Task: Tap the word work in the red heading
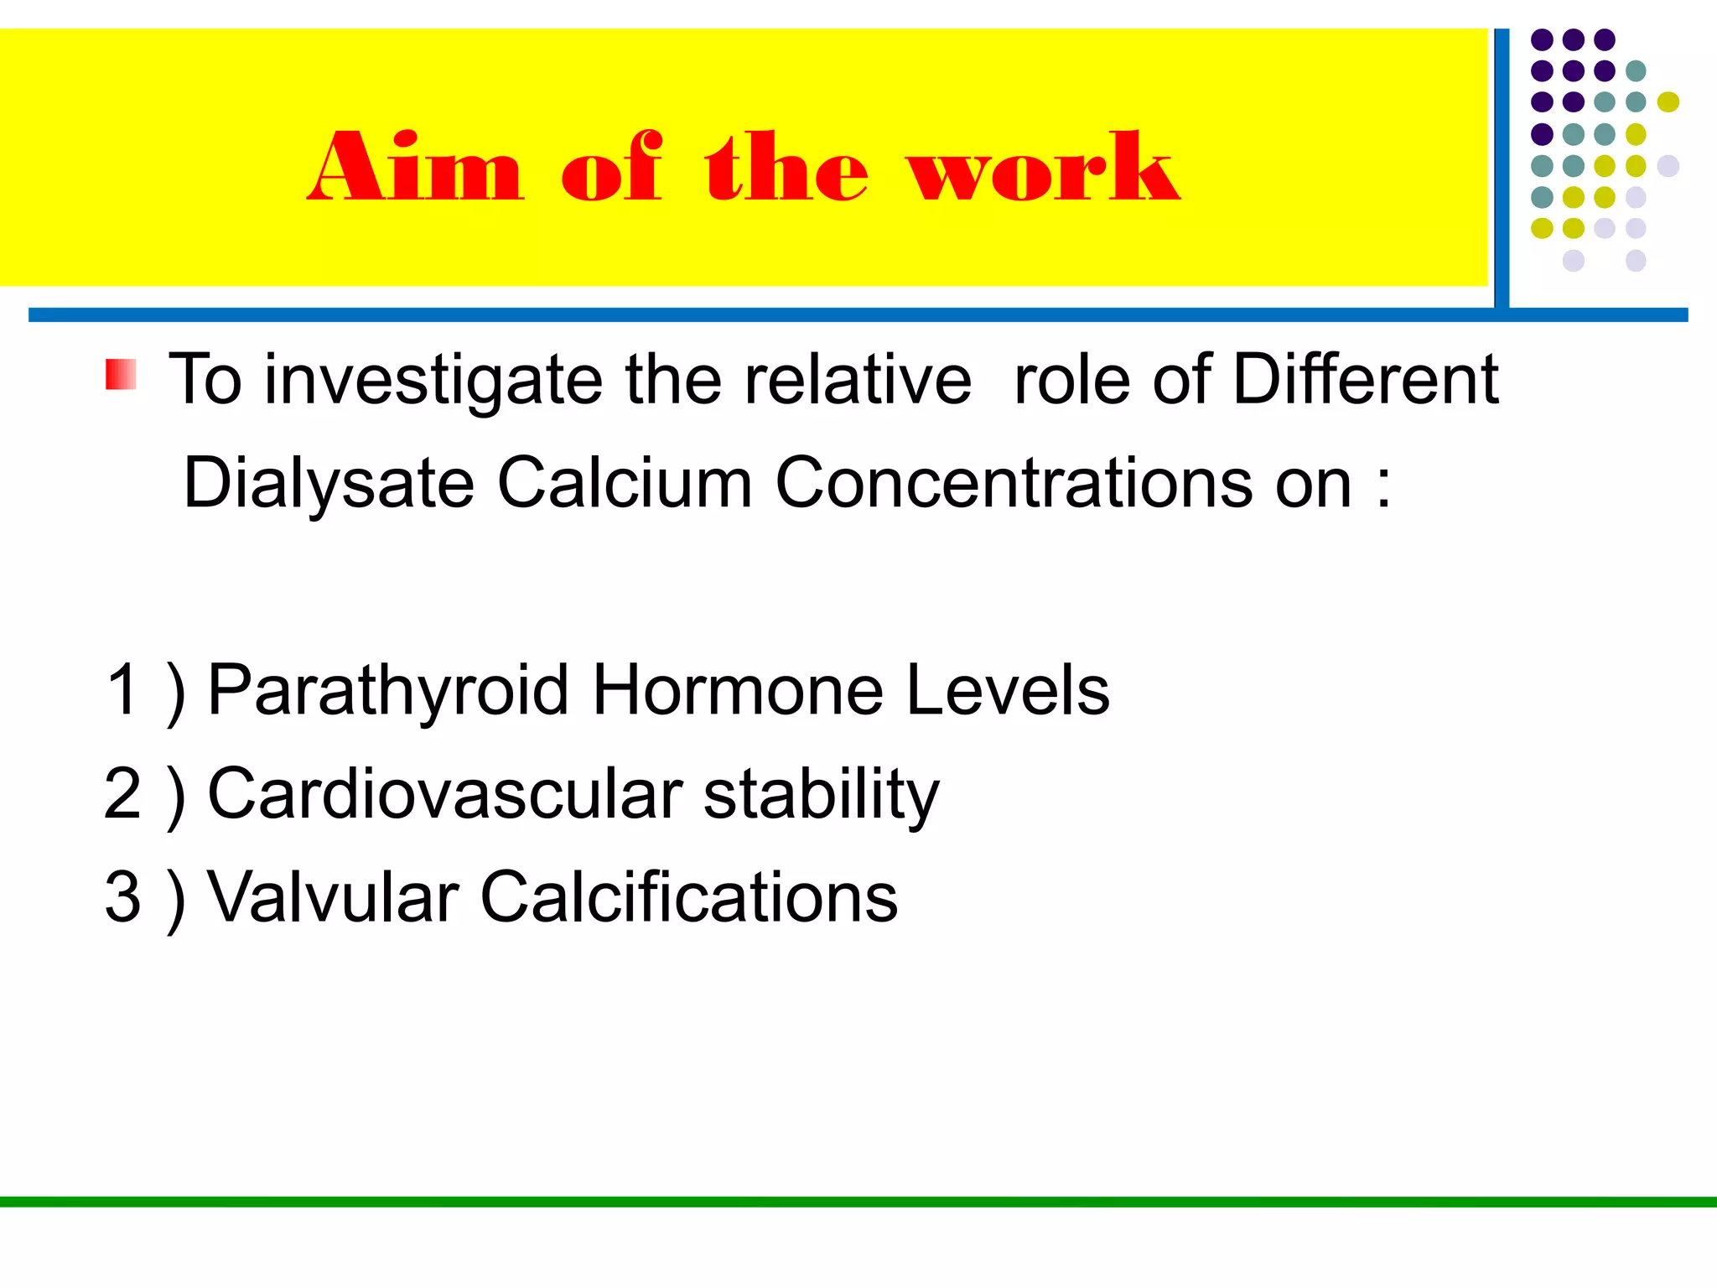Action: (x=1045, y=168)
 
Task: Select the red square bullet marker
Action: (x=121, y=374)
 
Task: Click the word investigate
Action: (x=433, y=380)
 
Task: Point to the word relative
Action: (x=858, y=380)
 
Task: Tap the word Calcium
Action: (x=625, y=484)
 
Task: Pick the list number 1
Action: (x=122, y=689)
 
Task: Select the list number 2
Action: (x=122, y=793)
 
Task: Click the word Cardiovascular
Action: (x=444, y=793)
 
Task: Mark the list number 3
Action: (x=122, y=897)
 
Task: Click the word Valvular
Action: (x=333, y=897)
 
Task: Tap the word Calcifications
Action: (x=688, y=897)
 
